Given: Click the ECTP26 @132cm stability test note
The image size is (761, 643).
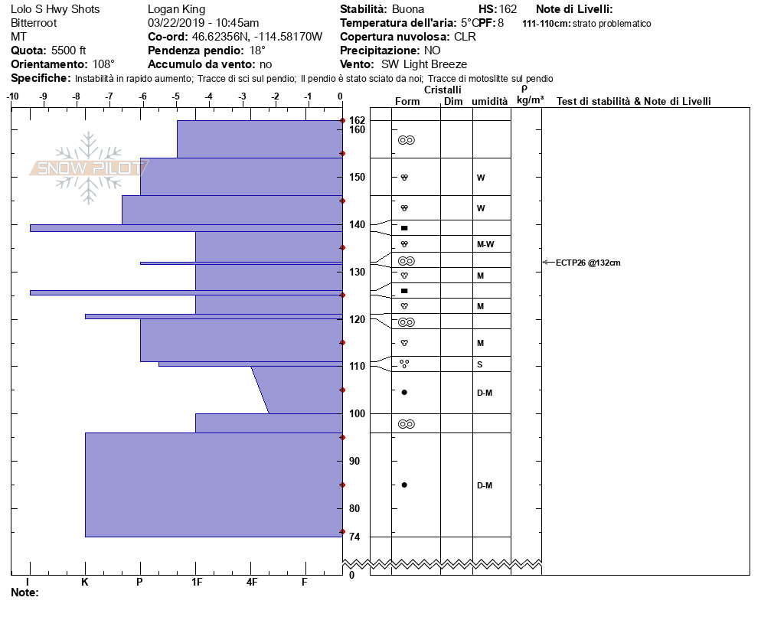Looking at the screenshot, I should coord(588,263).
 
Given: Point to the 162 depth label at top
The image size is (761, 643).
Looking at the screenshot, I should coord(357,120).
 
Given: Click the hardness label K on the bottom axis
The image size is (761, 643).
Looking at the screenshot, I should coord(84,582).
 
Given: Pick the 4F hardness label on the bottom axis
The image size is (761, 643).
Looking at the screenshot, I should coord(251,582).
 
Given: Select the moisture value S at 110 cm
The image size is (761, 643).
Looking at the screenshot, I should coord(479,364).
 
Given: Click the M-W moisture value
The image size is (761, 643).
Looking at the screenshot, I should coord(485,244).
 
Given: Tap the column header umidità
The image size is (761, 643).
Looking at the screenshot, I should coord(490,102).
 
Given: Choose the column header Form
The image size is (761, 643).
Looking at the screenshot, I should coord(407,102).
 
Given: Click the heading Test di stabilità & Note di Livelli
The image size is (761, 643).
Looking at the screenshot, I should coord(633,102).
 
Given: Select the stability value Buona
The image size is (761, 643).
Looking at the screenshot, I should coord(407,9).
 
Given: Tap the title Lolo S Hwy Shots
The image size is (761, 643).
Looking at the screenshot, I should coord(55,9).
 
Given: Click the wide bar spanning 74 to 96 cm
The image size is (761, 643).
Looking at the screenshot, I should coord(213,485).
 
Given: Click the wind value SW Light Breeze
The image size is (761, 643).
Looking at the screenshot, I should coord(423,64).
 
